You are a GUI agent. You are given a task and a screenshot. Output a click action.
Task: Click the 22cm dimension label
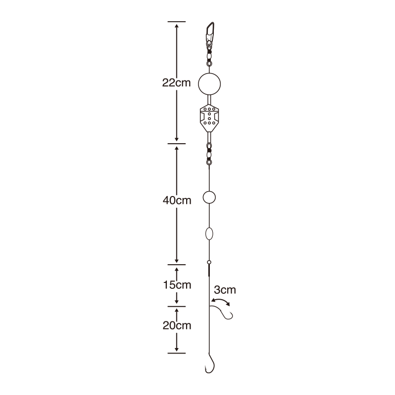tap(176, 82)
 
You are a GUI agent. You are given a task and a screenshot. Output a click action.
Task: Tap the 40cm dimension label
tap(177, 200)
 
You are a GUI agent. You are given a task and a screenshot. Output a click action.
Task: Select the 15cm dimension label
tap(177, 285)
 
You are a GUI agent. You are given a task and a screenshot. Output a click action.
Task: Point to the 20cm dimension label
tap(177, 325)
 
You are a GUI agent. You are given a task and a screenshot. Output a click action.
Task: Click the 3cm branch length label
tap(225, 290)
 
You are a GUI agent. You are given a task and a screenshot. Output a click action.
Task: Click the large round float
tap(209, 84)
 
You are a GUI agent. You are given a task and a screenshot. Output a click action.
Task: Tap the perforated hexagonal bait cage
tap(209, 118)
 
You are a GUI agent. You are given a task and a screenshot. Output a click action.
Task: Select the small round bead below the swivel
tap(209, 197)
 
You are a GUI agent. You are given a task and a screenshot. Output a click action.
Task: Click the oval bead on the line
tap(209, 234)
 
